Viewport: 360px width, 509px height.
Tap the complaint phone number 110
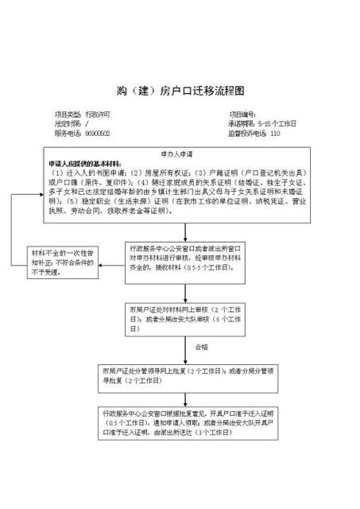click(x=276, y=134)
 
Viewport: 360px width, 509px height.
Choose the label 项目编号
click(x=242, y=115)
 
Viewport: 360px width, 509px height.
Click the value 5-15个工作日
click(x=277, y=125)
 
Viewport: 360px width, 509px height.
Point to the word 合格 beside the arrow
click(x=201, y=348)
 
